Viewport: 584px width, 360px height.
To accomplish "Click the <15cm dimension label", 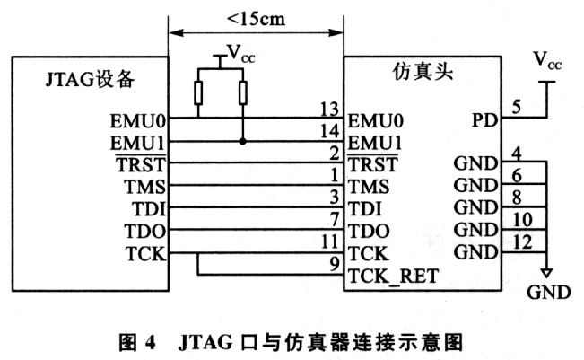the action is click(x=256, y=19).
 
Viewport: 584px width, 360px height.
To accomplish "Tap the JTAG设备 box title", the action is click(x=90, y=79).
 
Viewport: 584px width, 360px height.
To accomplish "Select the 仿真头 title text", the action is click(x=423, y=71).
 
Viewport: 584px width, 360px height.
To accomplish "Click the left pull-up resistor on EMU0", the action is click(x=198, y=93).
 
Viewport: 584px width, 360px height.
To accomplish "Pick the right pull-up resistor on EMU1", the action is click(x=243, y=93).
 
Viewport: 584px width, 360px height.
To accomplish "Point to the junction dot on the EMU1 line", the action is click(x=243, y=141).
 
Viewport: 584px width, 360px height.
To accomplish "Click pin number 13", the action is click(x=329, y=110).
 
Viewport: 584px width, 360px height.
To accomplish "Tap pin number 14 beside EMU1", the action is click(x=329, y=131).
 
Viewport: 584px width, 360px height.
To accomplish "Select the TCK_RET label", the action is click(x=393, y=277).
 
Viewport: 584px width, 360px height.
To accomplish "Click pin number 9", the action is click(x=335, y=264).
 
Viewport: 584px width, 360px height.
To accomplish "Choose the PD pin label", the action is click(x=484, y=120).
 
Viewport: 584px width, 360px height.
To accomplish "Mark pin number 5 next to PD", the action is click(x=516, y=107).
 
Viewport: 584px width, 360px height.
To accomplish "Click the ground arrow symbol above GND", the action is click(x=546, y=273).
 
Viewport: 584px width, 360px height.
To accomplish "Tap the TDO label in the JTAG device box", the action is click(x=144, y=231).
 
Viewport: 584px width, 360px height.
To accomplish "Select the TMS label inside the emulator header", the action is click(x=369, y=187).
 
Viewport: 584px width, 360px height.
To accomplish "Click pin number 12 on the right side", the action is click(x=522, y=242).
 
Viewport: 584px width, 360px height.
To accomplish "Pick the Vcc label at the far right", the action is click(x=547, y=60).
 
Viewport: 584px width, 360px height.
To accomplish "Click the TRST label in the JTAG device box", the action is click(x=141, y=164).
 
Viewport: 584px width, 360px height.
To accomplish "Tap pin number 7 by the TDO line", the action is click(x=335, y=219).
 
